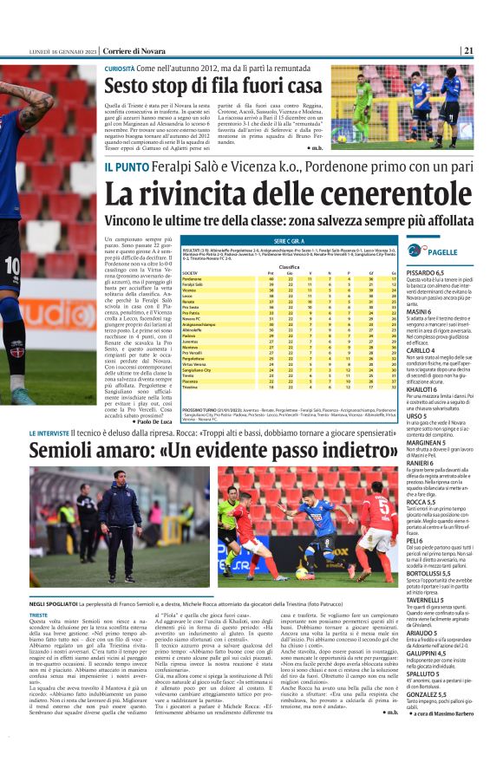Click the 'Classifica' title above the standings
pos(289,267)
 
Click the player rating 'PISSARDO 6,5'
pos(431,273)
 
